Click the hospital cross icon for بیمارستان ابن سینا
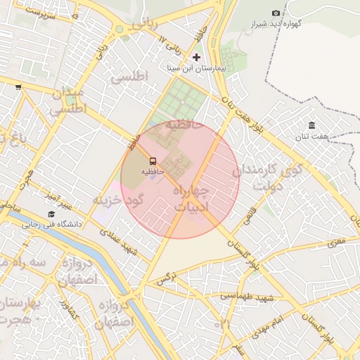(x=196, y=56)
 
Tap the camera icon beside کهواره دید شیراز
(x=276, y=13)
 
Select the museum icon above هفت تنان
(x=311, y=126)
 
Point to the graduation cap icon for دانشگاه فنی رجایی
(x=51, y=214)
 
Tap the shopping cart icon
(x=18, y=88)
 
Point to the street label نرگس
(x=165, y=280)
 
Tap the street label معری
(x=336, y=243)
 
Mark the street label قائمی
(x=248, y=215)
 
